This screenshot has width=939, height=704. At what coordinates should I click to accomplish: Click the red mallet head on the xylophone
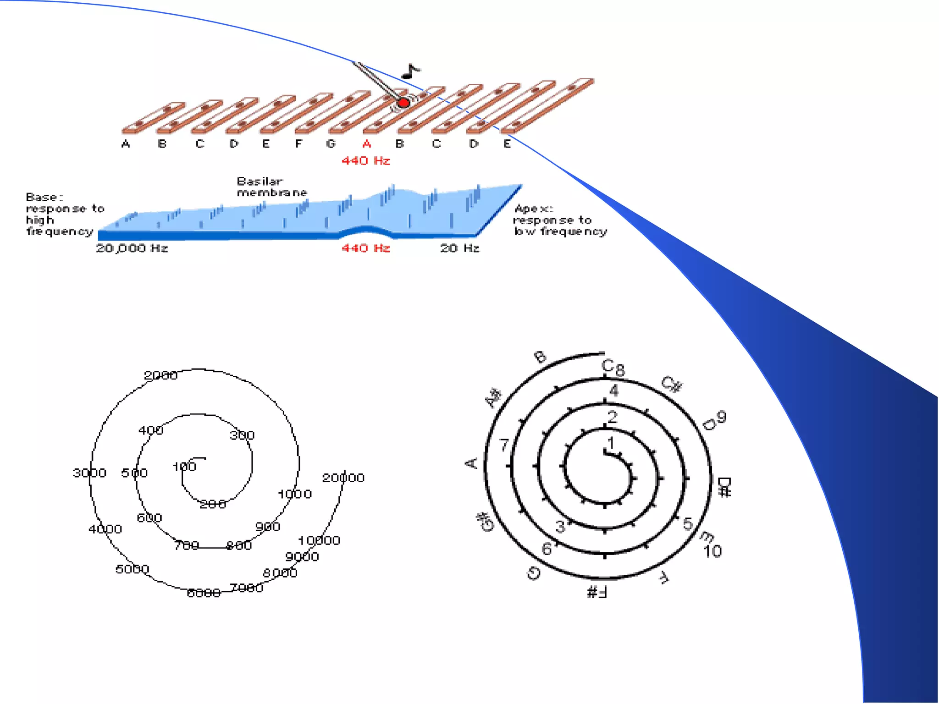coord(403,103)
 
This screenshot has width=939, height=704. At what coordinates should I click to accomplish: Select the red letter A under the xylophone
coord(367,144)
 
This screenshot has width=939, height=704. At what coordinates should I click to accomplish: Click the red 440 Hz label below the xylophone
coord(365,161)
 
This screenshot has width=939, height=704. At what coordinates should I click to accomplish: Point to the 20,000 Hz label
coord(132,248)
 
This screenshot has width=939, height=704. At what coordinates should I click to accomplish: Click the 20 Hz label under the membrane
coord(459,248)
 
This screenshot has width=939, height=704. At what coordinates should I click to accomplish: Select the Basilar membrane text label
coord(271,187)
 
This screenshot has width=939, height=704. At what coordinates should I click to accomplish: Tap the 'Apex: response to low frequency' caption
coord(560,220)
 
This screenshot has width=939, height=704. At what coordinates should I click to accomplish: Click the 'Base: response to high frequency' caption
coord(64,214)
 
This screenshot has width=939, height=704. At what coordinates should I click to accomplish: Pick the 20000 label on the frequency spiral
coord(343,478)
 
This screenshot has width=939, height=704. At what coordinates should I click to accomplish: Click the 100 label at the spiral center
coord(184,467)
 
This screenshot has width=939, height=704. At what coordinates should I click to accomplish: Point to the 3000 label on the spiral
coord(89,473)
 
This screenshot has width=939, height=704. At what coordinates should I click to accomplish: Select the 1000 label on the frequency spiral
coord(295,494)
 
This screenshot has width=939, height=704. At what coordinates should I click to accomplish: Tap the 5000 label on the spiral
coord(132,569)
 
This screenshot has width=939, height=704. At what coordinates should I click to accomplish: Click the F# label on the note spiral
coord(597,592)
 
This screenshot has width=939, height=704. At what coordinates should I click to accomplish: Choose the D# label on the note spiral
coord(724,487)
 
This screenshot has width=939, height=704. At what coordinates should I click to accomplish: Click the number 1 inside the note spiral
coord(611,443)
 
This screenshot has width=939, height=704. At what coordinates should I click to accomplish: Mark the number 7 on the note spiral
coord(504,445)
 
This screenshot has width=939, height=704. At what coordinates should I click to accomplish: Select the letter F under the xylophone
coord(299,144)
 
